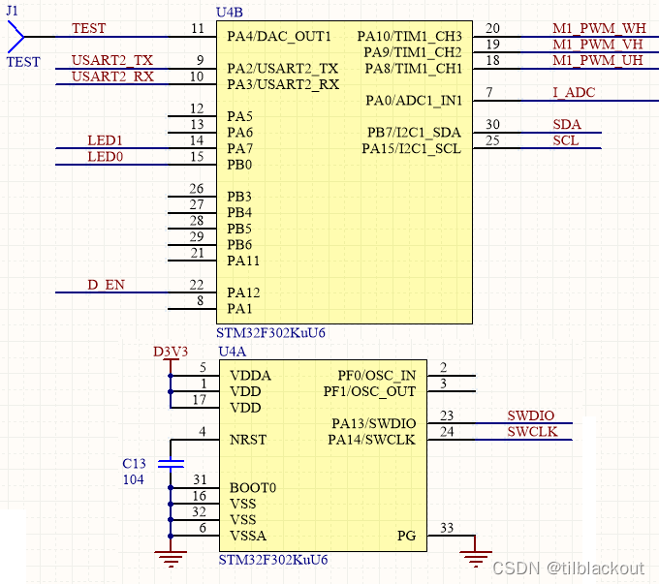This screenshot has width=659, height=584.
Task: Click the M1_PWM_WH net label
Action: pos(599,29)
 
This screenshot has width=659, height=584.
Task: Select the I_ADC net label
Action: pos(574,93)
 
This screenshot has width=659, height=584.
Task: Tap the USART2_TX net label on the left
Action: pos(112,61)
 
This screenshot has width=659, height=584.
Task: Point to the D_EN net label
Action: pos(106,285)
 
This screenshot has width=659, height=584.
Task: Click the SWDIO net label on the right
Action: pos(531,416)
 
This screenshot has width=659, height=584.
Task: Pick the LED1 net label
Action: pos(106,141)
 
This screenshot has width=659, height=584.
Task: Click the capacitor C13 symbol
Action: pos(171,464)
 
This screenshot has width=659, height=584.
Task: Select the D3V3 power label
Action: pos(172,351)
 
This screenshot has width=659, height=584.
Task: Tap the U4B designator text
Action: pos(231,12)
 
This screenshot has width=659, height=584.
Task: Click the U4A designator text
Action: pos(234,352)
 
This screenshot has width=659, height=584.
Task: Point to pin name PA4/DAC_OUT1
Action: pos(279,37)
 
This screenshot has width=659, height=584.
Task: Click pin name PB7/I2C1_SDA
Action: pos(414,133)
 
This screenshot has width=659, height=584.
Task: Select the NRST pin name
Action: pos(247,440)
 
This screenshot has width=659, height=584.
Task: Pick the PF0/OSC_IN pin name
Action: pos(377,376)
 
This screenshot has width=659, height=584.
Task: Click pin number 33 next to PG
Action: pos(446,528)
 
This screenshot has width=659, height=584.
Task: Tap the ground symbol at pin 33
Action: pos(475,558)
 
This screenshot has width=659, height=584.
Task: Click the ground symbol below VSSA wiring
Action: pos(171,556)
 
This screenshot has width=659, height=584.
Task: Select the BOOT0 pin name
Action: pos(252,488)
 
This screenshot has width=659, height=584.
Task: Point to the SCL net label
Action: pos(567,141)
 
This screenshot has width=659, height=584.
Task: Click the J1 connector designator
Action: pos(13,12)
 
